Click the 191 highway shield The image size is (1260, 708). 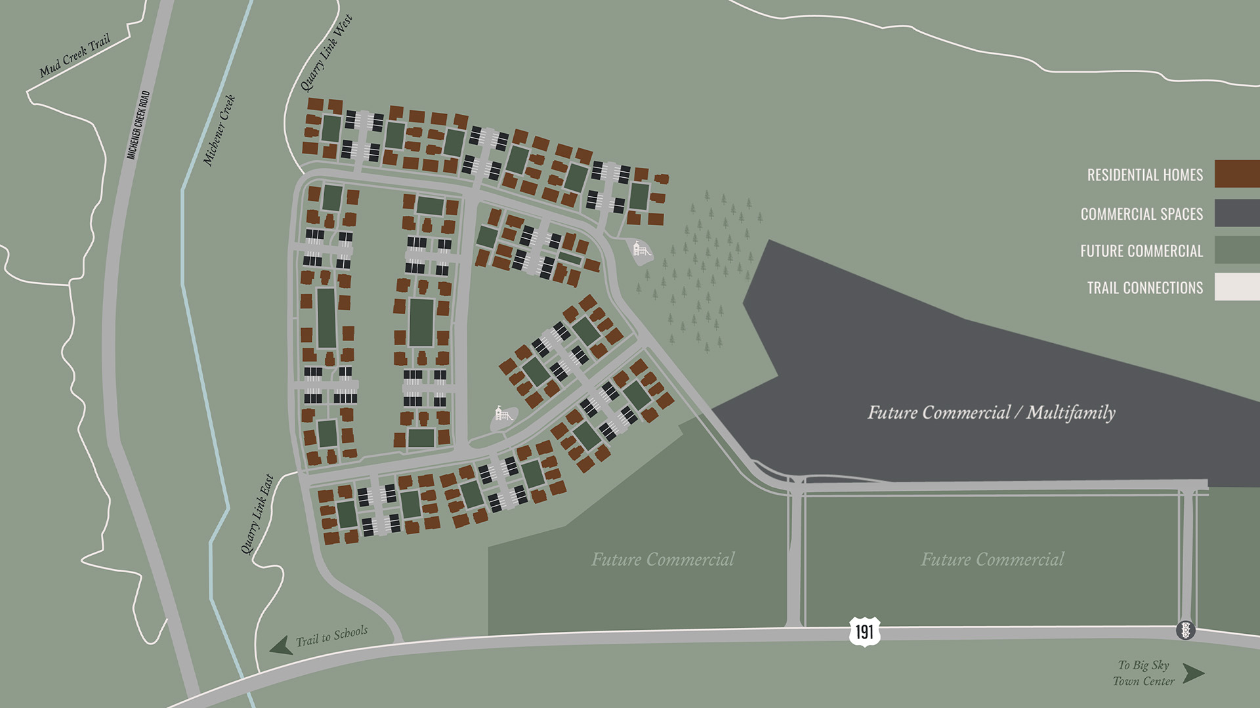[864, 631]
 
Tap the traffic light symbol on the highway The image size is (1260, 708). [1185, 630]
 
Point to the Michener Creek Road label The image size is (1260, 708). [138, 125]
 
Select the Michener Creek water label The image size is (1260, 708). [219, 130]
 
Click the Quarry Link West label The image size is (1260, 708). [326, 53]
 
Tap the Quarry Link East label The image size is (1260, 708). [257, 514]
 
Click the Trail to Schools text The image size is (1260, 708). [331, 636]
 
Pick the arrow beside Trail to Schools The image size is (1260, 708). [281, 645]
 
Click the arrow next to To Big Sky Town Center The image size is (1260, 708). [1194, 673]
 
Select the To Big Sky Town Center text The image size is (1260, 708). [1144, 673]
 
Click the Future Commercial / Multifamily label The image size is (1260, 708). [991, 413]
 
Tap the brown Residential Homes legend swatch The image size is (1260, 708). [1236, 174]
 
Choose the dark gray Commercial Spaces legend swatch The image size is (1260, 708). [1236, 213]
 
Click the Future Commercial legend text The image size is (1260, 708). [1141, 251]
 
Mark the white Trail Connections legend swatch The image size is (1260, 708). [1236, 287]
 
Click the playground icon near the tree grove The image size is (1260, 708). [641, 249]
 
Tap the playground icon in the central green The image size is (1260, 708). [503, 414]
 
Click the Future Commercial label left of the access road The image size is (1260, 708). [663, 560]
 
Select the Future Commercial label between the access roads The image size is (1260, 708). [992, 560]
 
